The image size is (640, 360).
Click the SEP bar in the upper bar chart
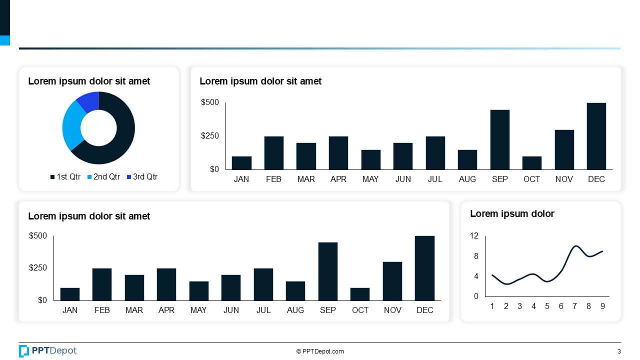[499, 140]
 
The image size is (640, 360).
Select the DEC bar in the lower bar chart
[424, 268]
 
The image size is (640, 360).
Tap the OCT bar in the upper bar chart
[531, 163]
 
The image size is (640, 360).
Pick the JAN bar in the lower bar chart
[70, 294]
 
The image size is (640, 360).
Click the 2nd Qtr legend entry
[103, 177]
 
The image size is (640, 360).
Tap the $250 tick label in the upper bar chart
[210, 136]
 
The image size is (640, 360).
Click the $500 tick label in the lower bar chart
[38, 236]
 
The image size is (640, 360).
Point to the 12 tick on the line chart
[474, 236]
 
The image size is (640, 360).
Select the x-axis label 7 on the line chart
[575, 306]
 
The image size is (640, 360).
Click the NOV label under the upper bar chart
[564, 179]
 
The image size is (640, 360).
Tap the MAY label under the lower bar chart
[198, 310]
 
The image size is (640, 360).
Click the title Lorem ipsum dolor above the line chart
[512, 214]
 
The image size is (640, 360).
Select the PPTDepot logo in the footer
[48, 351]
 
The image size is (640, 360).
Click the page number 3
[619, 351]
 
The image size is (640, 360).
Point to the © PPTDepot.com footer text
[320, 351]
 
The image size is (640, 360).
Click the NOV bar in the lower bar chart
[392, 281]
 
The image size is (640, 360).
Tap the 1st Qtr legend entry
[65, 177]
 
